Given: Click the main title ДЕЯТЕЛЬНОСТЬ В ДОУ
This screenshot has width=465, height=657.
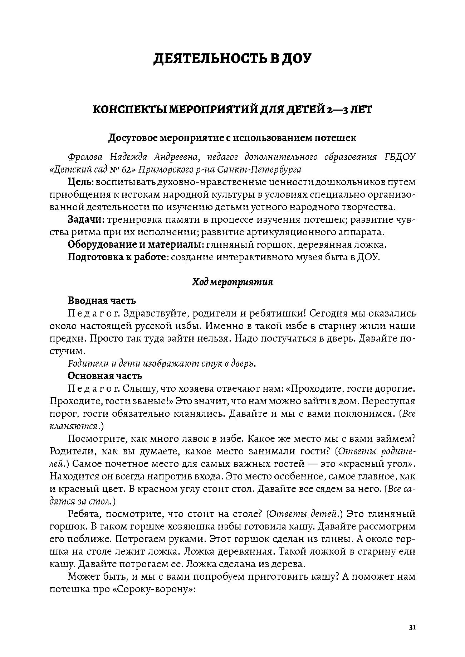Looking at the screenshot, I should pyautogui.click(x=232, y=59).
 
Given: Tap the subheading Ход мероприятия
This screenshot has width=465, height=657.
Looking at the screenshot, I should pyautogui.click(x=232, y=282).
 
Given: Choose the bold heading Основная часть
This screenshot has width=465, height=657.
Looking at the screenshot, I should pyautogui.click(x=105, y=376).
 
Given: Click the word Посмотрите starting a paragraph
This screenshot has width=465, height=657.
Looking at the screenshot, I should pyautogui.click(x=95, y=439).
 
